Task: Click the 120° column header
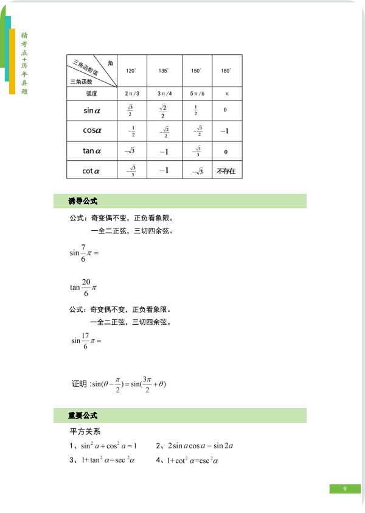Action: [131, 71]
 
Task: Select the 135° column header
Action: [164, 71]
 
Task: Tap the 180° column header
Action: [226, 71]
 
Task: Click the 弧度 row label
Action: [92, 94]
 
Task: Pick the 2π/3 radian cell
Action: [131, 94]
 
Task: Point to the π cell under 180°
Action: [226, 94]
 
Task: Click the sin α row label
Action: [92, 111]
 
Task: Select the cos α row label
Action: [92, 130]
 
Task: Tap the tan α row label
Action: [92, 150]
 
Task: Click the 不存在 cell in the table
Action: [226, 172]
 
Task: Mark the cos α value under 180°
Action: [225, 131]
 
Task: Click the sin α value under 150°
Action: [195, 111]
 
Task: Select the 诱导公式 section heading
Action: [83, 202]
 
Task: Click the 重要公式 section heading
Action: [83, 416]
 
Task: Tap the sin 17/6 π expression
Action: [86, 341]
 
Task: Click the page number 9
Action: [344, 489]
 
